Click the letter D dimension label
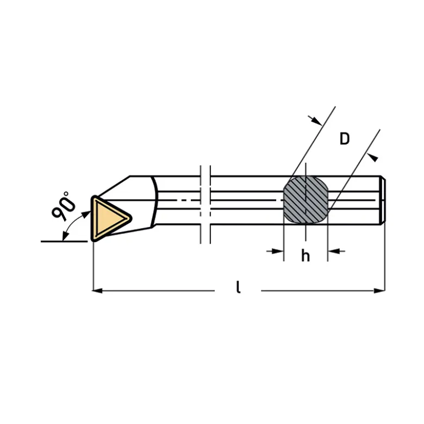pos(345,139)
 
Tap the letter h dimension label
pos(305,256)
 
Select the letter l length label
pos(238,287)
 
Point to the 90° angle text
pos(64,206)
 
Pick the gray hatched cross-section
pos(305,200)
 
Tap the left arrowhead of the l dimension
pos(97,290)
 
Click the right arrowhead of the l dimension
pos(379,290)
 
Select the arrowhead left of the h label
pos(278,251)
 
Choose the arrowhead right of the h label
pos(334,251)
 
